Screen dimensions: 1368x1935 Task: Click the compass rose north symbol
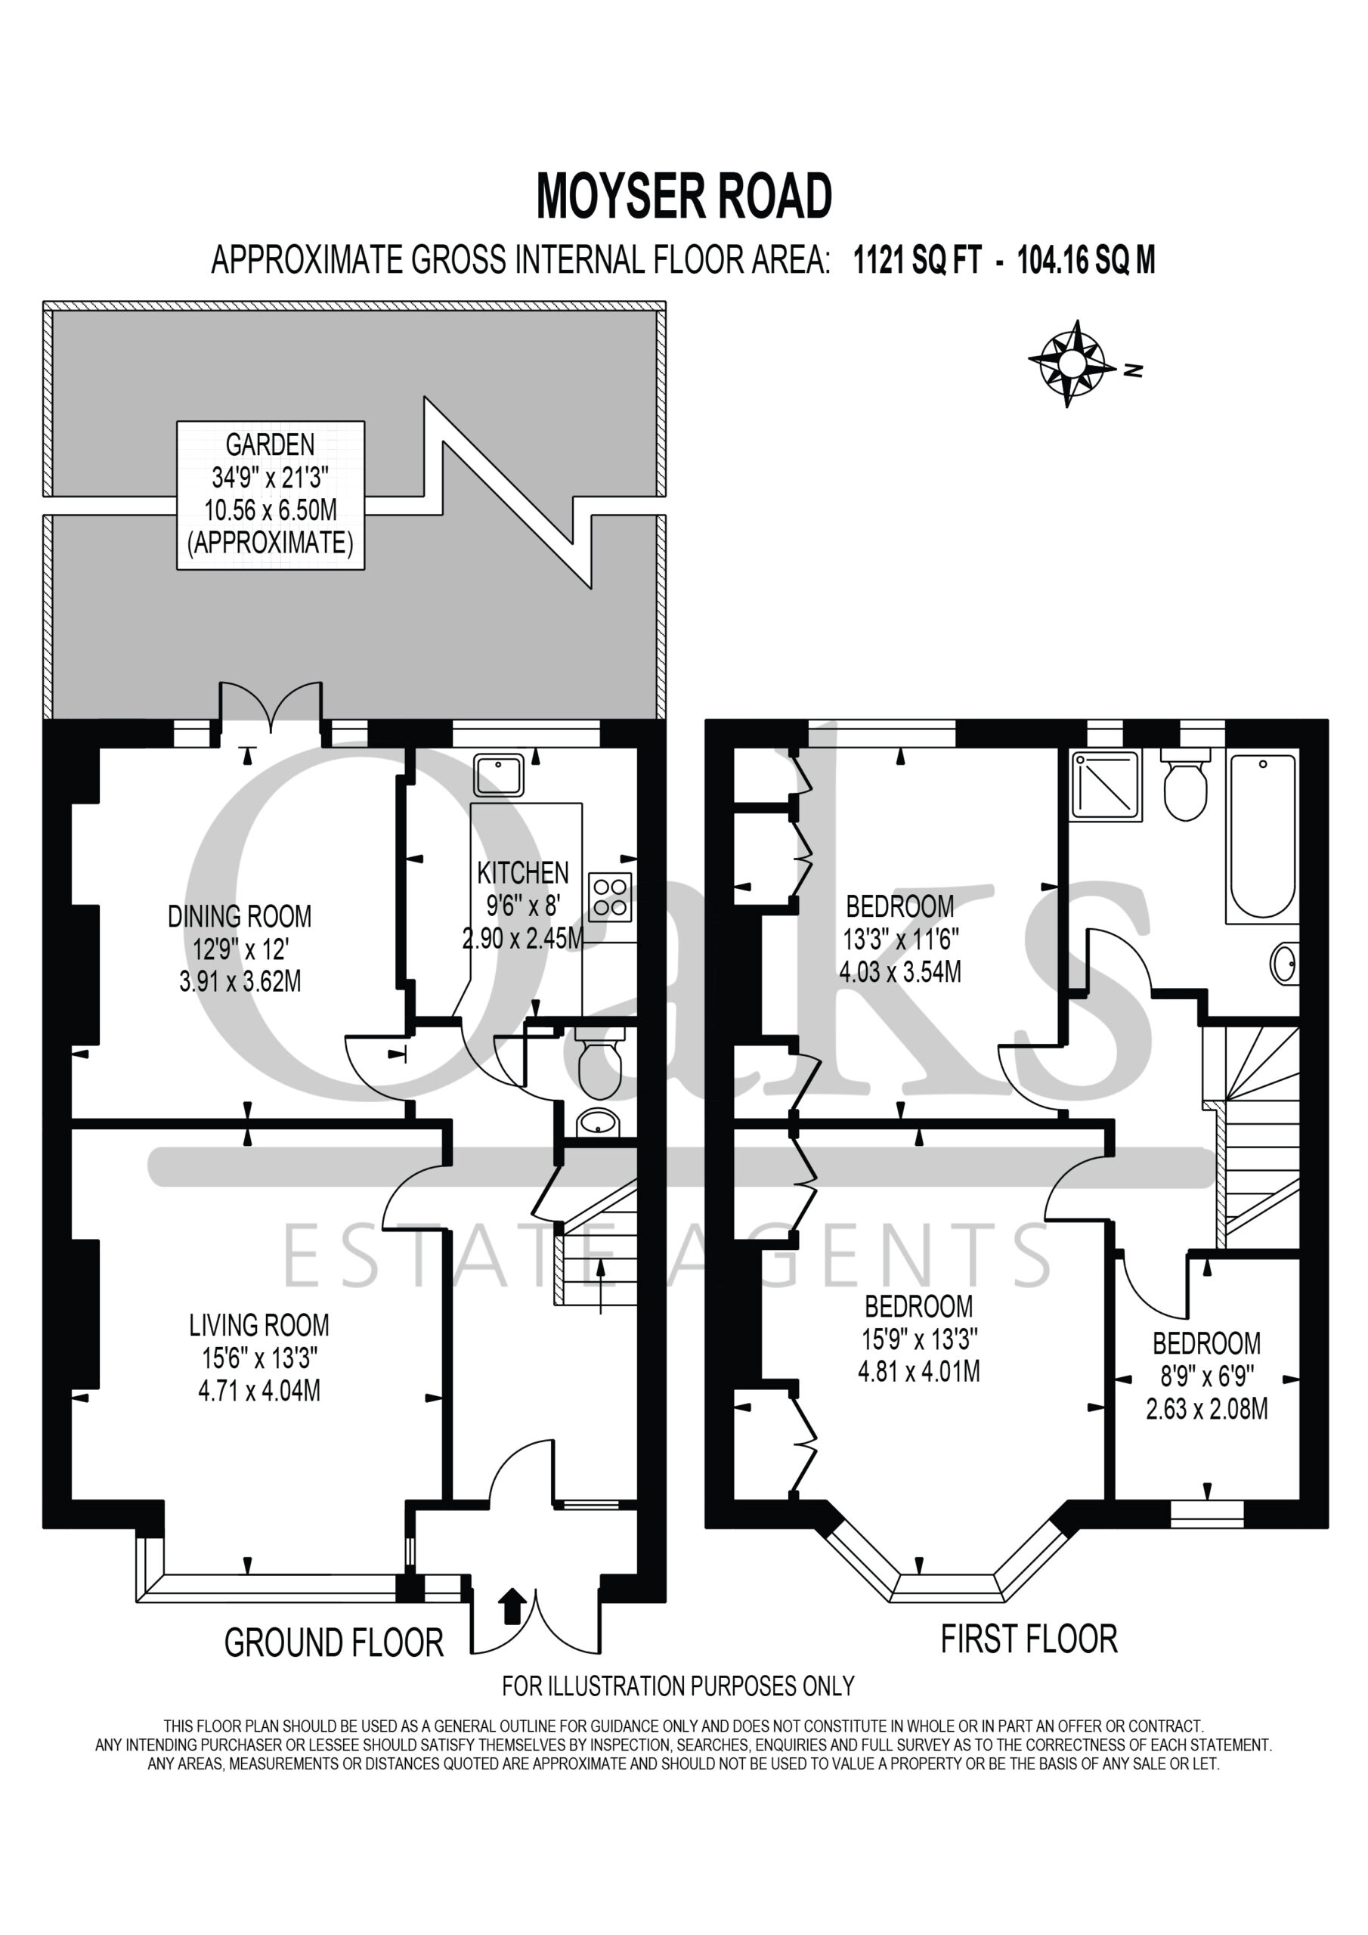click(x=1070, y=364)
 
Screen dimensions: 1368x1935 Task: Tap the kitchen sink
click(x=498, y=776)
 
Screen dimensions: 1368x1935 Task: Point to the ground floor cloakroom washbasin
click(x=599, y=1122)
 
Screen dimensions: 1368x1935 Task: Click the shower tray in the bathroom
click(x=1106, y=785)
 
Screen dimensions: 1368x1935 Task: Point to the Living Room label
click(x=258, y=1325)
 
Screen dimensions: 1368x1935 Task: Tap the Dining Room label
click(x=240, y=916)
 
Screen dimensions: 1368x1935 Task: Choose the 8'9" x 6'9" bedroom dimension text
click(x=1206, y=1376)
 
